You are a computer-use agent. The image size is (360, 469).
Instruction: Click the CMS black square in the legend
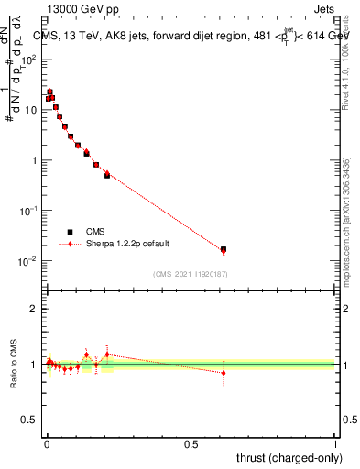(69, 232)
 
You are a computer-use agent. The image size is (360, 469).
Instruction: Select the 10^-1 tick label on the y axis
(30, 211)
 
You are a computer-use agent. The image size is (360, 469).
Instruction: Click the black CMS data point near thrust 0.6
(224, 249)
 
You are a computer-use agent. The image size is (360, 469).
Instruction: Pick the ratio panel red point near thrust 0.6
(224, 373)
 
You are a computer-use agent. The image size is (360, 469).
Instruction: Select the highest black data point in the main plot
(49, 92)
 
